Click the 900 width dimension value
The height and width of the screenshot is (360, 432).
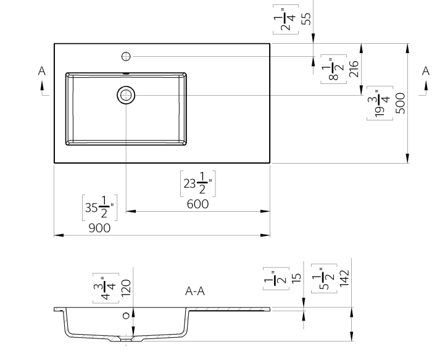point(99,228)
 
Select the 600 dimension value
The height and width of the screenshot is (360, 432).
point(197,204)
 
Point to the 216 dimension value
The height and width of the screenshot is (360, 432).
point(354,68)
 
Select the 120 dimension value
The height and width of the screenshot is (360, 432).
point(126,287)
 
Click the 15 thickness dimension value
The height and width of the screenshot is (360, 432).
point(297,278)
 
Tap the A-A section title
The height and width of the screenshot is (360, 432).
point(195,291)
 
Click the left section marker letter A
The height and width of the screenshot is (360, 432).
point(42,72)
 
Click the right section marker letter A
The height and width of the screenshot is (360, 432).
point(425,72)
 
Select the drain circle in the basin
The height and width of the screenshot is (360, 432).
point(126,95)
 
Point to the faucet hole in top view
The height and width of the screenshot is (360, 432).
point(126,57)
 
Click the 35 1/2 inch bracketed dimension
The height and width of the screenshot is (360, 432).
point(99,207)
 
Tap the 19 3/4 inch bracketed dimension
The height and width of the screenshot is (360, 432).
point(380,102)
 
